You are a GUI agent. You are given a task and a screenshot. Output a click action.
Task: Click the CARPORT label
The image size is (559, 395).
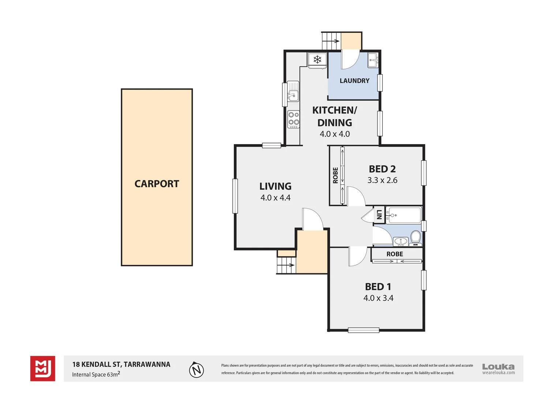[157, 184]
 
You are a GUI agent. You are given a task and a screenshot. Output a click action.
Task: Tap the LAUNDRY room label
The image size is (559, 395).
[354, 80]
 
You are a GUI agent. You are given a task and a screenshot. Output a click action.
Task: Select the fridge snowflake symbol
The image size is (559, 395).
[317, 59]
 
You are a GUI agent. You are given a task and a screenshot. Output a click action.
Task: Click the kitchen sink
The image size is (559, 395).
[293, 91]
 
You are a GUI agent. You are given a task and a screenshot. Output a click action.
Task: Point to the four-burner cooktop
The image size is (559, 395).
[293, 119]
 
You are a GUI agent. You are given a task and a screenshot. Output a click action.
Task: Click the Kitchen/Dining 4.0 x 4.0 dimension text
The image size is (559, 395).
[335, 134]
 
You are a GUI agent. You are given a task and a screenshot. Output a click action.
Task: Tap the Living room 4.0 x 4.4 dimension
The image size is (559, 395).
[275, 197]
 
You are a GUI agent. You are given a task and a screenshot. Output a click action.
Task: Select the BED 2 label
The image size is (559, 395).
[382, 169]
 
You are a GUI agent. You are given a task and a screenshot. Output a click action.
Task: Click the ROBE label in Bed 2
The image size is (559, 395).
[335, 176]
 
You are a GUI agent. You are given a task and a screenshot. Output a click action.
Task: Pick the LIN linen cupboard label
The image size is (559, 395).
[379, 214]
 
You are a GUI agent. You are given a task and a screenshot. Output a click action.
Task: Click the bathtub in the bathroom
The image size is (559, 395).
[403, 215]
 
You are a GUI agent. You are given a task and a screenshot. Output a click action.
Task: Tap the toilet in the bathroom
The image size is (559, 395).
[416, 238]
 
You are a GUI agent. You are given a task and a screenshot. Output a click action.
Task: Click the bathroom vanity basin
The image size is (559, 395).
[401, 241]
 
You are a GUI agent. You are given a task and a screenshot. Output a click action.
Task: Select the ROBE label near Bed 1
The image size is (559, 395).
[394, 254]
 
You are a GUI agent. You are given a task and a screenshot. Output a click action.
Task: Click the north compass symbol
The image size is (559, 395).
[196, 369]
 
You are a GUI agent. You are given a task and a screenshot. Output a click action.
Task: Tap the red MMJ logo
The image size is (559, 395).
[43, 368]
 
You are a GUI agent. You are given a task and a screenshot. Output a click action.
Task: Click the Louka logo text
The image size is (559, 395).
[498, 366]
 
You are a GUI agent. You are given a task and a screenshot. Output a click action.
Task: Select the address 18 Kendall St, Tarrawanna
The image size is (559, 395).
[121, 364]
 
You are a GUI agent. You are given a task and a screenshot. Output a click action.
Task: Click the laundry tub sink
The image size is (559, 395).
[373, 60]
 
